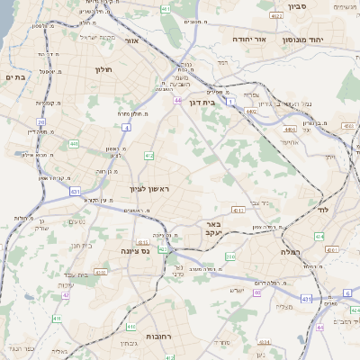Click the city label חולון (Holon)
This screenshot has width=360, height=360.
coord(103,67)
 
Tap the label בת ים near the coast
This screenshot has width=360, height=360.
coord(13,77)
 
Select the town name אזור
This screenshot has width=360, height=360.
coord(132,40)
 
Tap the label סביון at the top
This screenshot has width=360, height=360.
coord(298,6)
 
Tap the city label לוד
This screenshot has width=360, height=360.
coord(324,209)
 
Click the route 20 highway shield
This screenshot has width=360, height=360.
coord(41,122)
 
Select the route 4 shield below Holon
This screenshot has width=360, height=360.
coord(127,129)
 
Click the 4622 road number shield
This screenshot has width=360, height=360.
coord(274,16)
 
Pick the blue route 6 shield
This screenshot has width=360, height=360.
coord(346,293)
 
